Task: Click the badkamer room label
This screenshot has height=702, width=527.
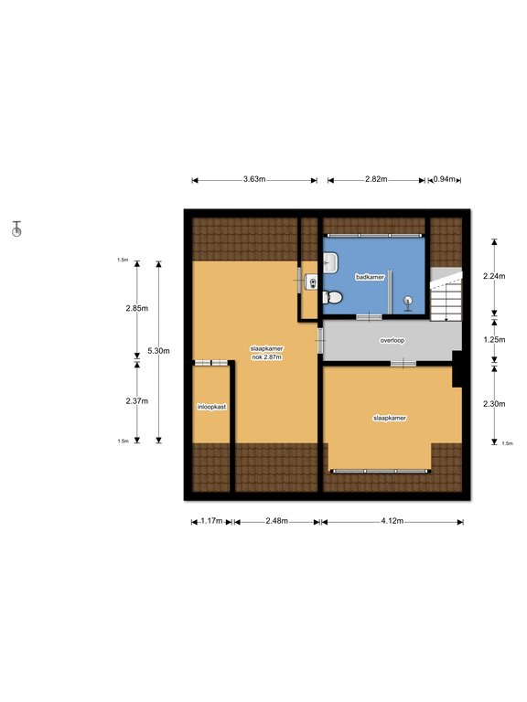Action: [370, 277]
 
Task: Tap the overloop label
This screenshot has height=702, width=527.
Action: [393, 340]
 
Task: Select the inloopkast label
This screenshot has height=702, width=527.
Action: [211, 407]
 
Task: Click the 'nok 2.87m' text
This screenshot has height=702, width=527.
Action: [266, 357]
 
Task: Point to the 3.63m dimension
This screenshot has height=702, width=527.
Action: [254, 179]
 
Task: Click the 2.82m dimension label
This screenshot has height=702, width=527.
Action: [376, 179]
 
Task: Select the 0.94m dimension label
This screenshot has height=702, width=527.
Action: [444, 179]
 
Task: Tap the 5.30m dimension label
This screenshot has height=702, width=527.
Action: [158, 351]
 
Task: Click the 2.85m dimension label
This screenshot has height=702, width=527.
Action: [137, 308]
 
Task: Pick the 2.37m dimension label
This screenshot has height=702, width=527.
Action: [137, 401]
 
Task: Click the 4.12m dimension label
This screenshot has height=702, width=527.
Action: [393, 521]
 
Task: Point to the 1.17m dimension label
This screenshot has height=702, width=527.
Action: [211, 521]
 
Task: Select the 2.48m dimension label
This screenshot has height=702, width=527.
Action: [277, 521]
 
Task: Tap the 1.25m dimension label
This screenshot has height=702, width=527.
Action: [494, 340]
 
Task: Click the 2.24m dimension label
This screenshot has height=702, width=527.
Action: [494, 276]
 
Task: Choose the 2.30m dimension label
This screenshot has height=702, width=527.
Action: [494, 404]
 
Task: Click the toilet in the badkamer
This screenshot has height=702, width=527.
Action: [333, 297]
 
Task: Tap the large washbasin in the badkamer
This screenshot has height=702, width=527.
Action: [330, 262]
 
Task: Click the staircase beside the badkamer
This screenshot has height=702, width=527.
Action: [446, 294]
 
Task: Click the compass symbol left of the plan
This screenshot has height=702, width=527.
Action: [16, 229]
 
